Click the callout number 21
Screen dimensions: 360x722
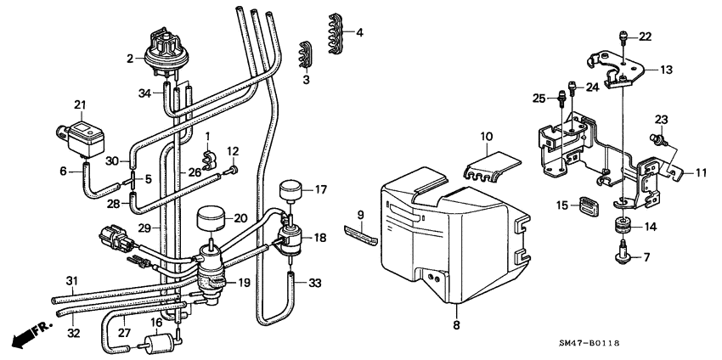[81, 104]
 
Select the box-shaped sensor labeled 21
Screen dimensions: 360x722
[82, 134]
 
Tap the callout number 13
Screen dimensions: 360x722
[666, 70]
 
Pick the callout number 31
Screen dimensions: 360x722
[71, 282]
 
